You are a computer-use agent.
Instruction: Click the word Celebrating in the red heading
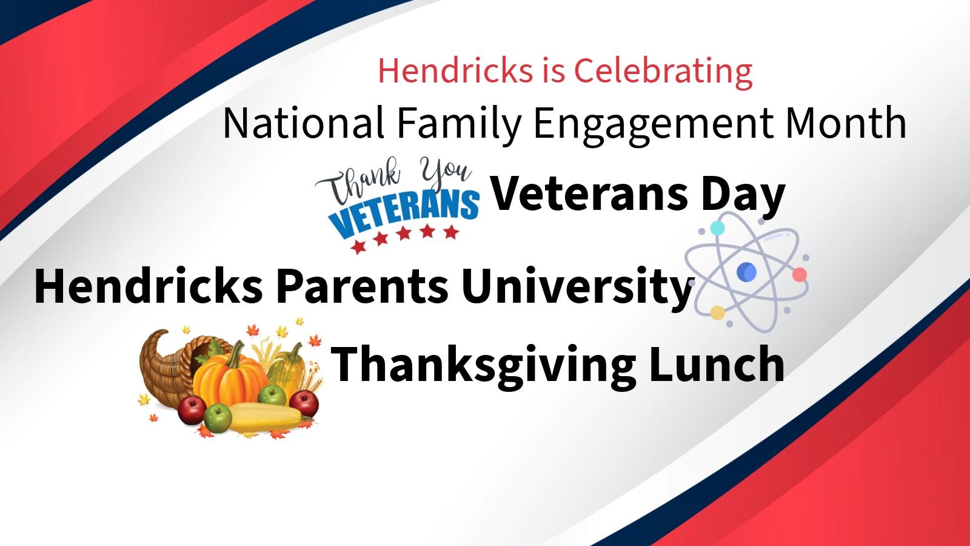[x=663, y=72]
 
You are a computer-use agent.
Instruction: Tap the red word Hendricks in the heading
[x=455, y=70]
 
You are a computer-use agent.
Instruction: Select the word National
[x=303, y=123]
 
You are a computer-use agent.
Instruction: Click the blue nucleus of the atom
[x=746, y=272]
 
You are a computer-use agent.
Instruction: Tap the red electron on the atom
[x=800, y=275]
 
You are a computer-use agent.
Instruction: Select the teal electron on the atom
[x=718, y=228]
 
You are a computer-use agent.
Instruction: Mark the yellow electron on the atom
[x=718, y=313]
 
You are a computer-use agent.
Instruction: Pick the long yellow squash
[x=269, y=417]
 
